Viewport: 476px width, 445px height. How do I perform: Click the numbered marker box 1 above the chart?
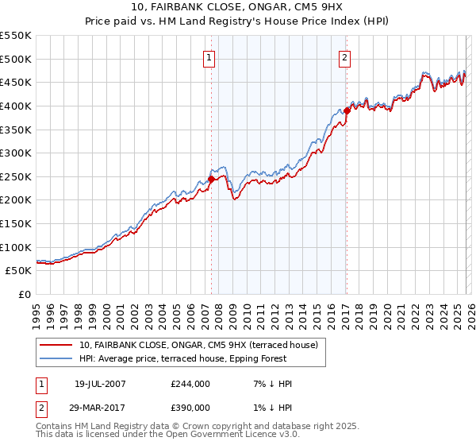(x=209, y=56)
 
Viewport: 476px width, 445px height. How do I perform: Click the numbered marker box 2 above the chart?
(x=346, y=56)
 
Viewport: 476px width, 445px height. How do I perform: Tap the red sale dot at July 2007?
(x=211, y=180)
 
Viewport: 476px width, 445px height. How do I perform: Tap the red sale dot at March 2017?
(x=347, y=110)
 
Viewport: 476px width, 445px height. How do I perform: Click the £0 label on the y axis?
(x=25, y=295)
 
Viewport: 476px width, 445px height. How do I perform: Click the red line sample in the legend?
(x=56, y=345)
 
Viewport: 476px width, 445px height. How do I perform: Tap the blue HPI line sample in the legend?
(x=56, y=358)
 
